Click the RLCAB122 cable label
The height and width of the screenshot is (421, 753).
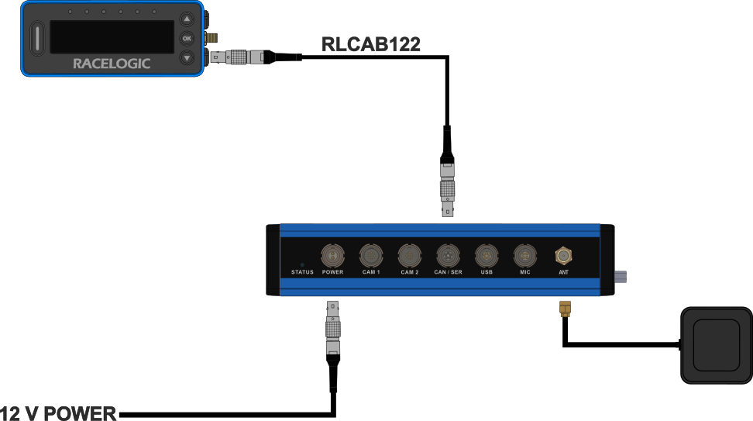tap(371, 44)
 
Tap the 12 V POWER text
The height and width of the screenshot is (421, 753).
tap(58, 413)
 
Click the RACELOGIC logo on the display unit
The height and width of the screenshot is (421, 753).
tap(112, 64)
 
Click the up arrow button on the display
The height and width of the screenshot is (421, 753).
tap(187, 19)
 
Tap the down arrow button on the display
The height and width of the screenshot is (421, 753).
tap(187, 58)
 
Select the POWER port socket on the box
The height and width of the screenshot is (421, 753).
tap(332, 254)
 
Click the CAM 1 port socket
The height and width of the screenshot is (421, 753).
tap(371, 254)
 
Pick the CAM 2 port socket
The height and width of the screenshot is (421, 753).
tap(409, 254)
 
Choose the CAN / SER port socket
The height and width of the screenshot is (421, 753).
tap(448, 254)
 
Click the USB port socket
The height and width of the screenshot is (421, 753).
tap(487, 254)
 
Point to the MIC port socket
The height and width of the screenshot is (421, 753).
tap(525, 254)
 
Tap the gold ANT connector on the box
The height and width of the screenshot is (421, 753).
tap(563, 254)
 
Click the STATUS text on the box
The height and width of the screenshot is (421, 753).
tap(302, 272)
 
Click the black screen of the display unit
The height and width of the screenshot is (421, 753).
tap(112, 37)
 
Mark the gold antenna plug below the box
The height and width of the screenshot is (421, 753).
tap(566, 311)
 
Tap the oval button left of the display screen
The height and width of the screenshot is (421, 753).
tap(36, 38)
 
